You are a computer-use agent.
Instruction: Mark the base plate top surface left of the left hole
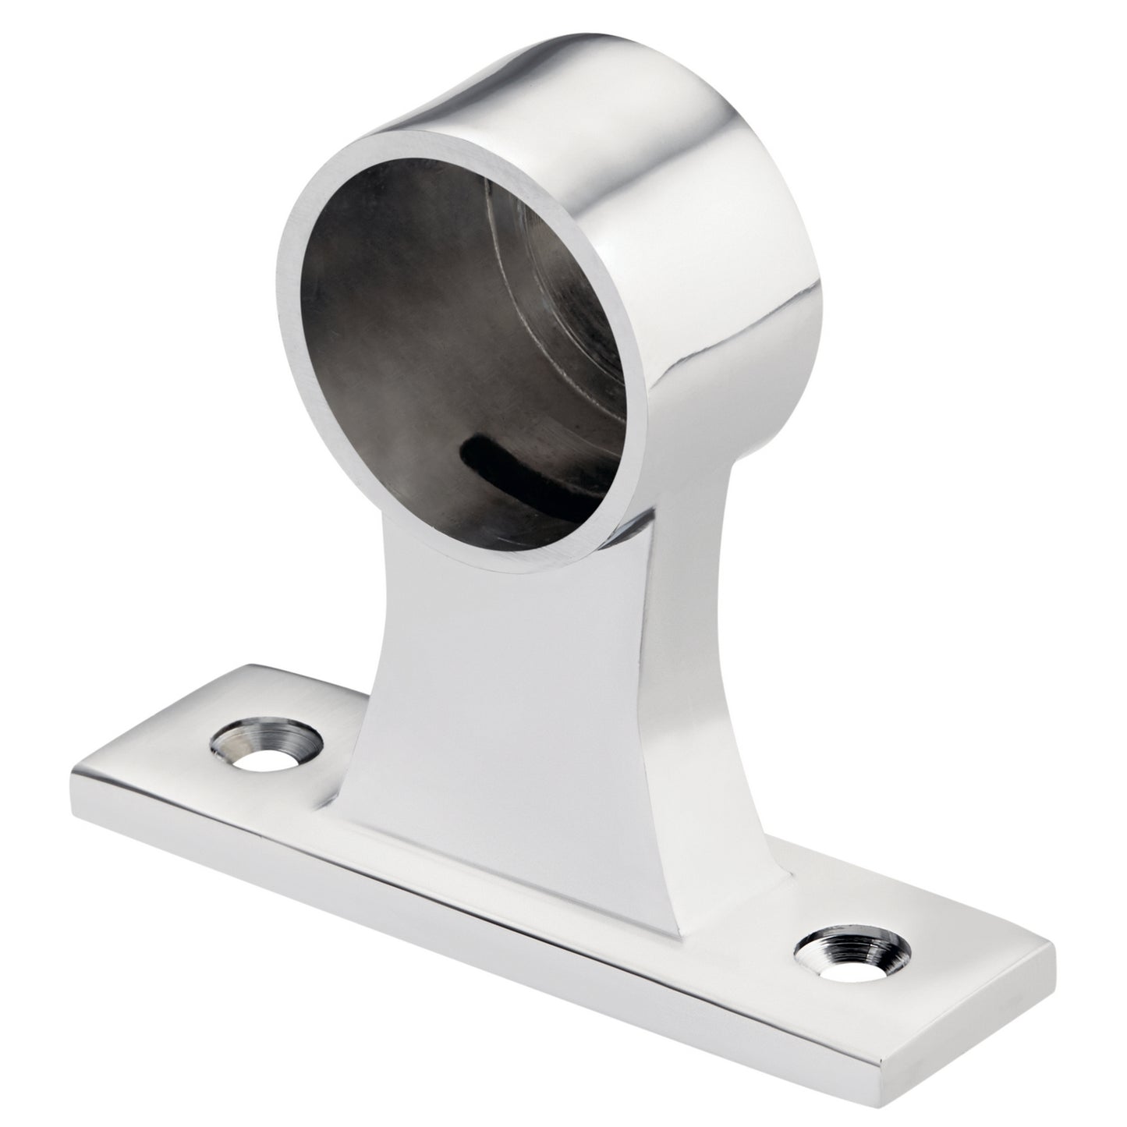pos(156,733)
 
